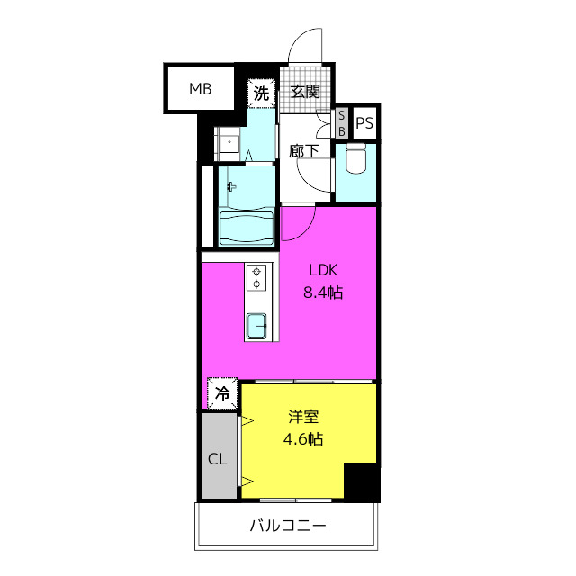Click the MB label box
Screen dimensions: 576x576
pos(200,89)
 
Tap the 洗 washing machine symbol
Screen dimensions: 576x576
pos(260,92)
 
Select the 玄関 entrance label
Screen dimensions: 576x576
pos(305,91)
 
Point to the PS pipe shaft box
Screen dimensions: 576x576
pos(364,124)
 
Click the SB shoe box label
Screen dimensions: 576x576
pos(341,123)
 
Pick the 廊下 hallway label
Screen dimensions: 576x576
pos(304,150)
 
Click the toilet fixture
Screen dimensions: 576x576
pos(355,163)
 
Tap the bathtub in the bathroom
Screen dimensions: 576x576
pos(247,227)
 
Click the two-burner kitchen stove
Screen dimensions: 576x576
pos(257,278)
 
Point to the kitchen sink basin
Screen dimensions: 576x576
pos(257,324)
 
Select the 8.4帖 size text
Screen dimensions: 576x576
pos(325,292)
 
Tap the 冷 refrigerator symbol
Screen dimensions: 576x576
pos(222,392)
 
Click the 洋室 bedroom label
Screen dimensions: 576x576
pos(304,418)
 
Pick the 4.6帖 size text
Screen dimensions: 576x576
pos(304,440)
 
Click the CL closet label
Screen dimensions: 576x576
pos(217,458)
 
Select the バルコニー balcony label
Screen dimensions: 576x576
pos(288,526)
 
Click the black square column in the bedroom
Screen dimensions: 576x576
pos(361,481)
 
